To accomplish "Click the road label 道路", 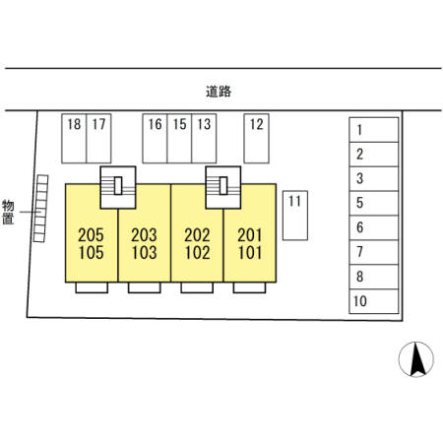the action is (219, 92).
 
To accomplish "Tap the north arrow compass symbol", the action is (416, 359).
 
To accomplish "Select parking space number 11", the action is (295, 216).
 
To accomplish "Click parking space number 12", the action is (256, 139).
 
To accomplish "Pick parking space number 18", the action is (74, 139).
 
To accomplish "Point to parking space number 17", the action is (98, 139).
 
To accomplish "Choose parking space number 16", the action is (155, 139).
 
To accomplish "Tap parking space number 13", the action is (204, 139).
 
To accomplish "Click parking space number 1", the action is (374, 130).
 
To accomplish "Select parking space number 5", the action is (374, 203).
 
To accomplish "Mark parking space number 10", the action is (374, 301).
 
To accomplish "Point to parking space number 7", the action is (374, 252).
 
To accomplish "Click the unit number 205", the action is (91, 235).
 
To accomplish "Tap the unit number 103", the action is (145, 253).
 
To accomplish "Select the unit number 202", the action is (197, 235).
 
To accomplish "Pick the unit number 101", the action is (250, 253).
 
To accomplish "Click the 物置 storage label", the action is (8, 212).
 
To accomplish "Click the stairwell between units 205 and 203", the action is (118, 187).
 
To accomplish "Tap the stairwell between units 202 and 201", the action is (223, 187).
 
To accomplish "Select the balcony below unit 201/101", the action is (249, 287).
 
